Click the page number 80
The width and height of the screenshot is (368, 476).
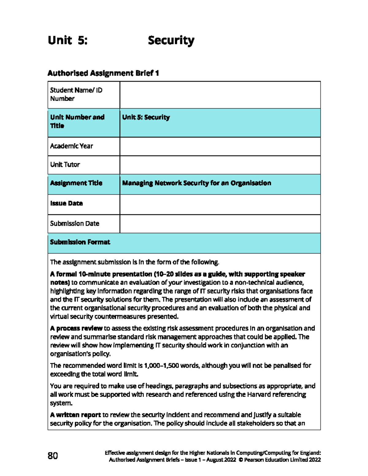(x=53, y=455)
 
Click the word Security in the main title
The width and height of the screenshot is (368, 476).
(x=171, y=40)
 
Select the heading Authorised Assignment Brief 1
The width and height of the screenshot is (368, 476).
(x=103, y=73)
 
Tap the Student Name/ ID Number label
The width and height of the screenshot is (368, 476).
(x=76, y=94)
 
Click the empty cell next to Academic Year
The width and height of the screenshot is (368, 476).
(x=220, y=146)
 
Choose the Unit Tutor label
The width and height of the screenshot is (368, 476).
(x=65, y=165)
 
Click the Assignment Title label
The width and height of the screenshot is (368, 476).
(x=76, y=183)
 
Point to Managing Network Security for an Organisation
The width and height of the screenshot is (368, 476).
(x=197, y=183)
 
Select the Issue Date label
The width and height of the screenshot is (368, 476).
(x=67, y=203)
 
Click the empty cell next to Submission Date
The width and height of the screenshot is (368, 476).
(x=220, y=223)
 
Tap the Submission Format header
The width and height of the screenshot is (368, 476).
(x=80, y=242)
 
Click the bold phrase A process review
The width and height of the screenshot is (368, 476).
(x=76, y=328)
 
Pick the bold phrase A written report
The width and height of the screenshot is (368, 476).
(x=75, y=415)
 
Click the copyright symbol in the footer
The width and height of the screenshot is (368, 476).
(x=241, y=460)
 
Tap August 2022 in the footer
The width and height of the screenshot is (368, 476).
(x=221, y=460)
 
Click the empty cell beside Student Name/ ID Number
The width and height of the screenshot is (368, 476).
(x=220, y=95)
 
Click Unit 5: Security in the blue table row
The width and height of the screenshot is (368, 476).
(x=146, y=117)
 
